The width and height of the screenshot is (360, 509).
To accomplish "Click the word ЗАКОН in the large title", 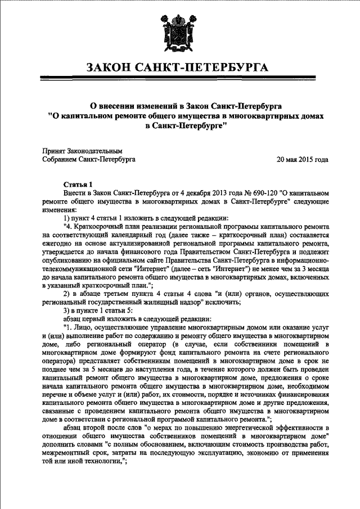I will pos(115,69).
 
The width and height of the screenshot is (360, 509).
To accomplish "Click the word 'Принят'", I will pos(55,151).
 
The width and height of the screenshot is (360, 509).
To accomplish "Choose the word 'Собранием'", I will pos(60,160).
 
